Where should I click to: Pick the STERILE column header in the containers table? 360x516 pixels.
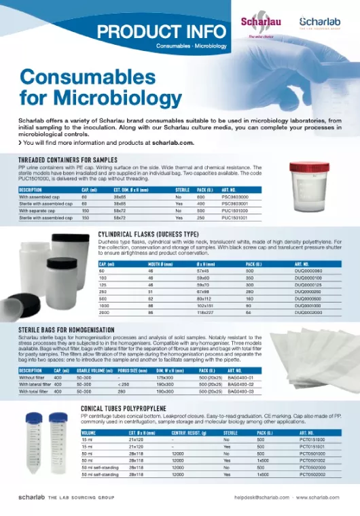[x=183, y=190]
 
